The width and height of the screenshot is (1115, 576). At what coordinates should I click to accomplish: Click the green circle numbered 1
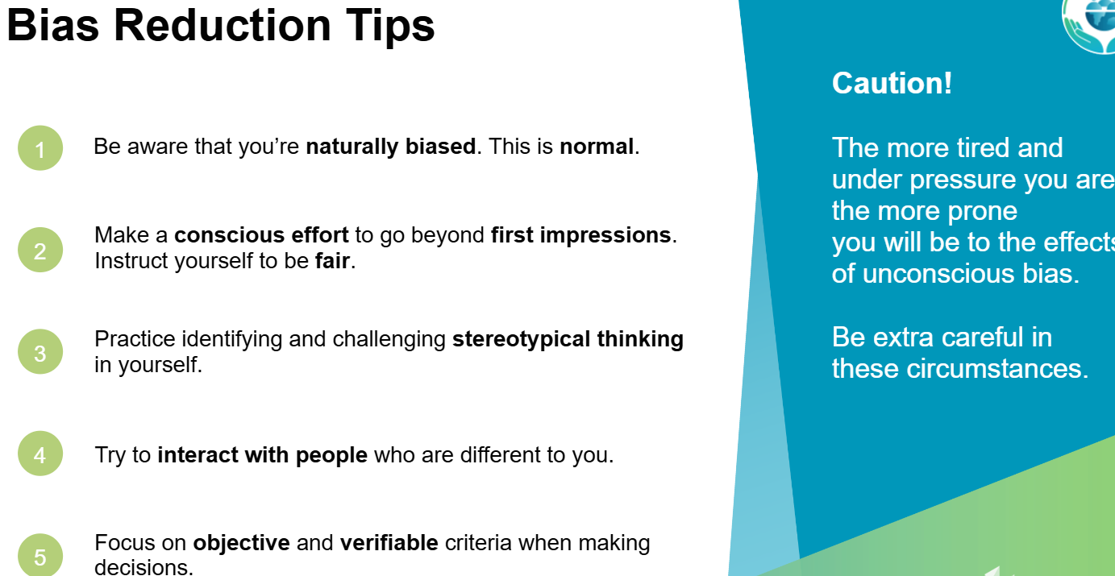pos(40,147)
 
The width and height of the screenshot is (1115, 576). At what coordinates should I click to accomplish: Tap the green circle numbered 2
pos(40,250)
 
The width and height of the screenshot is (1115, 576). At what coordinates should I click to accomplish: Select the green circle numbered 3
pos(40,352)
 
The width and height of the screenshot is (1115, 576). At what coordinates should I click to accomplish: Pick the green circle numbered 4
pos(40,454)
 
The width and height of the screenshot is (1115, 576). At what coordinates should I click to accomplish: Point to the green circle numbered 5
pos(40,555)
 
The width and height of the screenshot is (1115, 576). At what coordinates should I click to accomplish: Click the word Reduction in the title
pos(223,25)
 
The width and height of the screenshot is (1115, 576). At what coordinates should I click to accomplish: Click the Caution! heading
pos(892,82)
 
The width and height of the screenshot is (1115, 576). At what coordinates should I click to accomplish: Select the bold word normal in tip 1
pos(597,147)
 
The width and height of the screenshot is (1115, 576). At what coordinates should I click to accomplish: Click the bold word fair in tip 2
pos(332,261)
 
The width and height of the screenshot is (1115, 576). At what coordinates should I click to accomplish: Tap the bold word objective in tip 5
pos(241,543)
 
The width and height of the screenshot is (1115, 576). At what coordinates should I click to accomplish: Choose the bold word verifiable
pos(389,543)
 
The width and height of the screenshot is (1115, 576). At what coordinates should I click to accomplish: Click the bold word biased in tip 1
pos(440,147)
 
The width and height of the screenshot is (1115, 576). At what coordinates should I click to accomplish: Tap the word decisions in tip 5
pos(143,567)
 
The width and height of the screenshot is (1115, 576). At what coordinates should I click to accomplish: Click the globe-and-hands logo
pos(1091,24)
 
